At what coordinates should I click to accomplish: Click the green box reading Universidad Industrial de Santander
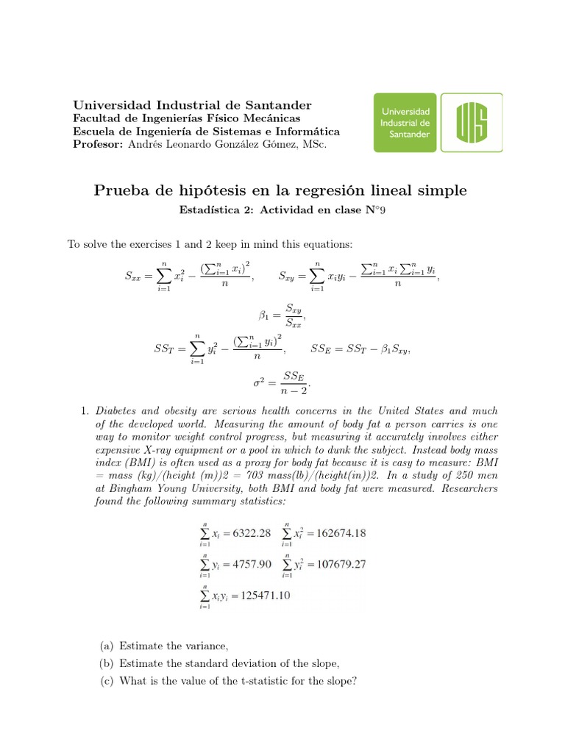tap(405, 122)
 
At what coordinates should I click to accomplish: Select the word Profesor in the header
tap(98, 144)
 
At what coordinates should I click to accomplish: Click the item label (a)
tap(107, 646)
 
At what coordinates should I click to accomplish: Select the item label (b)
tap(107, 663)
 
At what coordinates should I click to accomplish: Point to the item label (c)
tap(107, 681)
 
